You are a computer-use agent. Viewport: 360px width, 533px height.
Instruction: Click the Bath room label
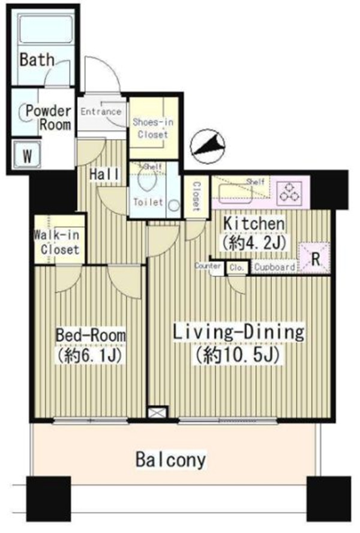[37, 60]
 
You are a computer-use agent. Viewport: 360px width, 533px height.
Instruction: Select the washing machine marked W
[27, 155]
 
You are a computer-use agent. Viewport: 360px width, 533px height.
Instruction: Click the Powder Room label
[49, 118]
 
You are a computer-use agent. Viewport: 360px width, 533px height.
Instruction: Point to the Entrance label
[101, 112]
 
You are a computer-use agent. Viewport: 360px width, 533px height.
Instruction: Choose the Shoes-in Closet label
[153, 128]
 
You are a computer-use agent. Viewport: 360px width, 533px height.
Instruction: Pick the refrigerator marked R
[315, 258]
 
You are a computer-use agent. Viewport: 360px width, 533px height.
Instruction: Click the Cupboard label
[275, 267]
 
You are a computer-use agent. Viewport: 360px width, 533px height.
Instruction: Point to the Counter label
[208, 266]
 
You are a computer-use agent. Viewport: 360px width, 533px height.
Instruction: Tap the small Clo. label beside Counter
[237, 267]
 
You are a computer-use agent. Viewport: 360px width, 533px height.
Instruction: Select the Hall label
[104, 174]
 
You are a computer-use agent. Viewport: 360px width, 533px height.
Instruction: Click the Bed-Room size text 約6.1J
[90, 356]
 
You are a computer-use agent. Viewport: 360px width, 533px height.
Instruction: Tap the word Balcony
[171, 460]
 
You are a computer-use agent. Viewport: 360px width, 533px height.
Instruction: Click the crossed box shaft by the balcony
[158, 412]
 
